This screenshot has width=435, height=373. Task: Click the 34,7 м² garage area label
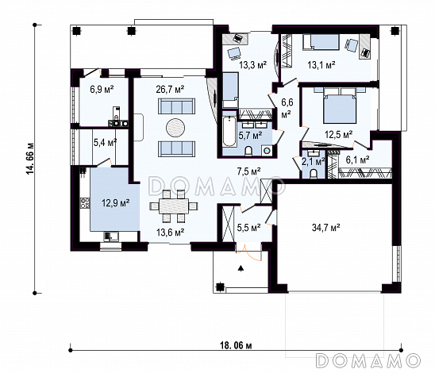[326, 228]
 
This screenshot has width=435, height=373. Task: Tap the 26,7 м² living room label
[171, 90]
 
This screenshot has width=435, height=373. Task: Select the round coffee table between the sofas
[175, 128]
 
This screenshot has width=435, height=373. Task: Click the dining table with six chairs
[174, 206]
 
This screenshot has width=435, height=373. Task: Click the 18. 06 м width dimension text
[236, 345]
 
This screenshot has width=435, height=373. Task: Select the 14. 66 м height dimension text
[30, 159]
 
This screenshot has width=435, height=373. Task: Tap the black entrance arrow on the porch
[241, 268]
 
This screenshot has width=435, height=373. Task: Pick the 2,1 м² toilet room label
[314, 161]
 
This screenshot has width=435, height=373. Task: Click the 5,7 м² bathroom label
[251, 136]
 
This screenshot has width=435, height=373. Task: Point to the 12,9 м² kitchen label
[116, 203]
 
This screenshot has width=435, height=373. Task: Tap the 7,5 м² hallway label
[248, 171]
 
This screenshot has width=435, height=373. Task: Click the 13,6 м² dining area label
[171, 232]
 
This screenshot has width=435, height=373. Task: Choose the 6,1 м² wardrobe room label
[357, 160]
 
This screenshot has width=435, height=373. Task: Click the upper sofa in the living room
[176, 106]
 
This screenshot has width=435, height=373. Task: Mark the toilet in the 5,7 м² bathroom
[248, 151]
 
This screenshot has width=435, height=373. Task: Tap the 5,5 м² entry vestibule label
[248, 228]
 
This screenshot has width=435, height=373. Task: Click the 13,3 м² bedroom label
[253, 65]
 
